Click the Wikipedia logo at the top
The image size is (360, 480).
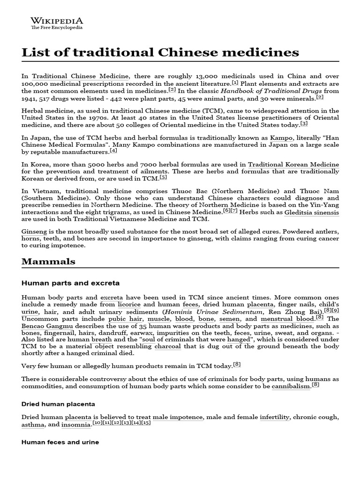point(57,23)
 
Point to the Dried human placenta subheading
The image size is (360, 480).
point(58,404)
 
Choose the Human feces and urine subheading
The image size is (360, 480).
point(60,442)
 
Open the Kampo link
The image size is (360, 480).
point(283,138)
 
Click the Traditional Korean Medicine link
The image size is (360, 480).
point(293,165)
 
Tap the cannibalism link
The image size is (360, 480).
point(291,386)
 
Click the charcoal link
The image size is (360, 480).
point(167,346)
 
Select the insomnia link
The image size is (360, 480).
point(76,425)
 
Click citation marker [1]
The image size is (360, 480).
point(235,82)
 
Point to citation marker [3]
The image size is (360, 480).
point(304,123)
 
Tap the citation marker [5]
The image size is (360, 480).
point(163,177)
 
